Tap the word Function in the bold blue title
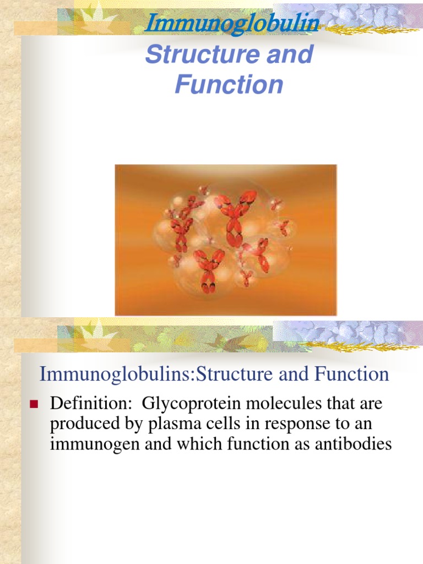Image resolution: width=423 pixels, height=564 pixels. pyautogui.click(x=229, y=85)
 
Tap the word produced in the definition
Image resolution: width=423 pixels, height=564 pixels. pyautogui.click(x=81, y=424)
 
